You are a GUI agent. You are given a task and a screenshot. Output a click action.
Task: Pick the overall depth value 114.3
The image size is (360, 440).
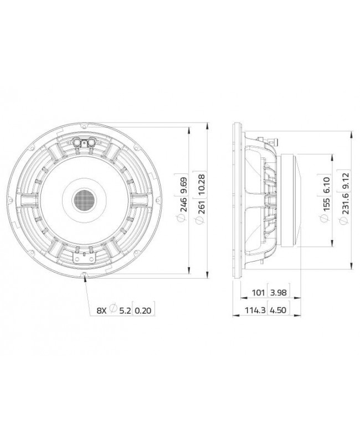tap(255, 311)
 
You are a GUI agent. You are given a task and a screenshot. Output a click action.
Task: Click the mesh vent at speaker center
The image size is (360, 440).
tap(85, 198)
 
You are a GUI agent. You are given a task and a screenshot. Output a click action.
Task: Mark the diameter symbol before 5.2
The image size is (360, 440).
tap(113, 311)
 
